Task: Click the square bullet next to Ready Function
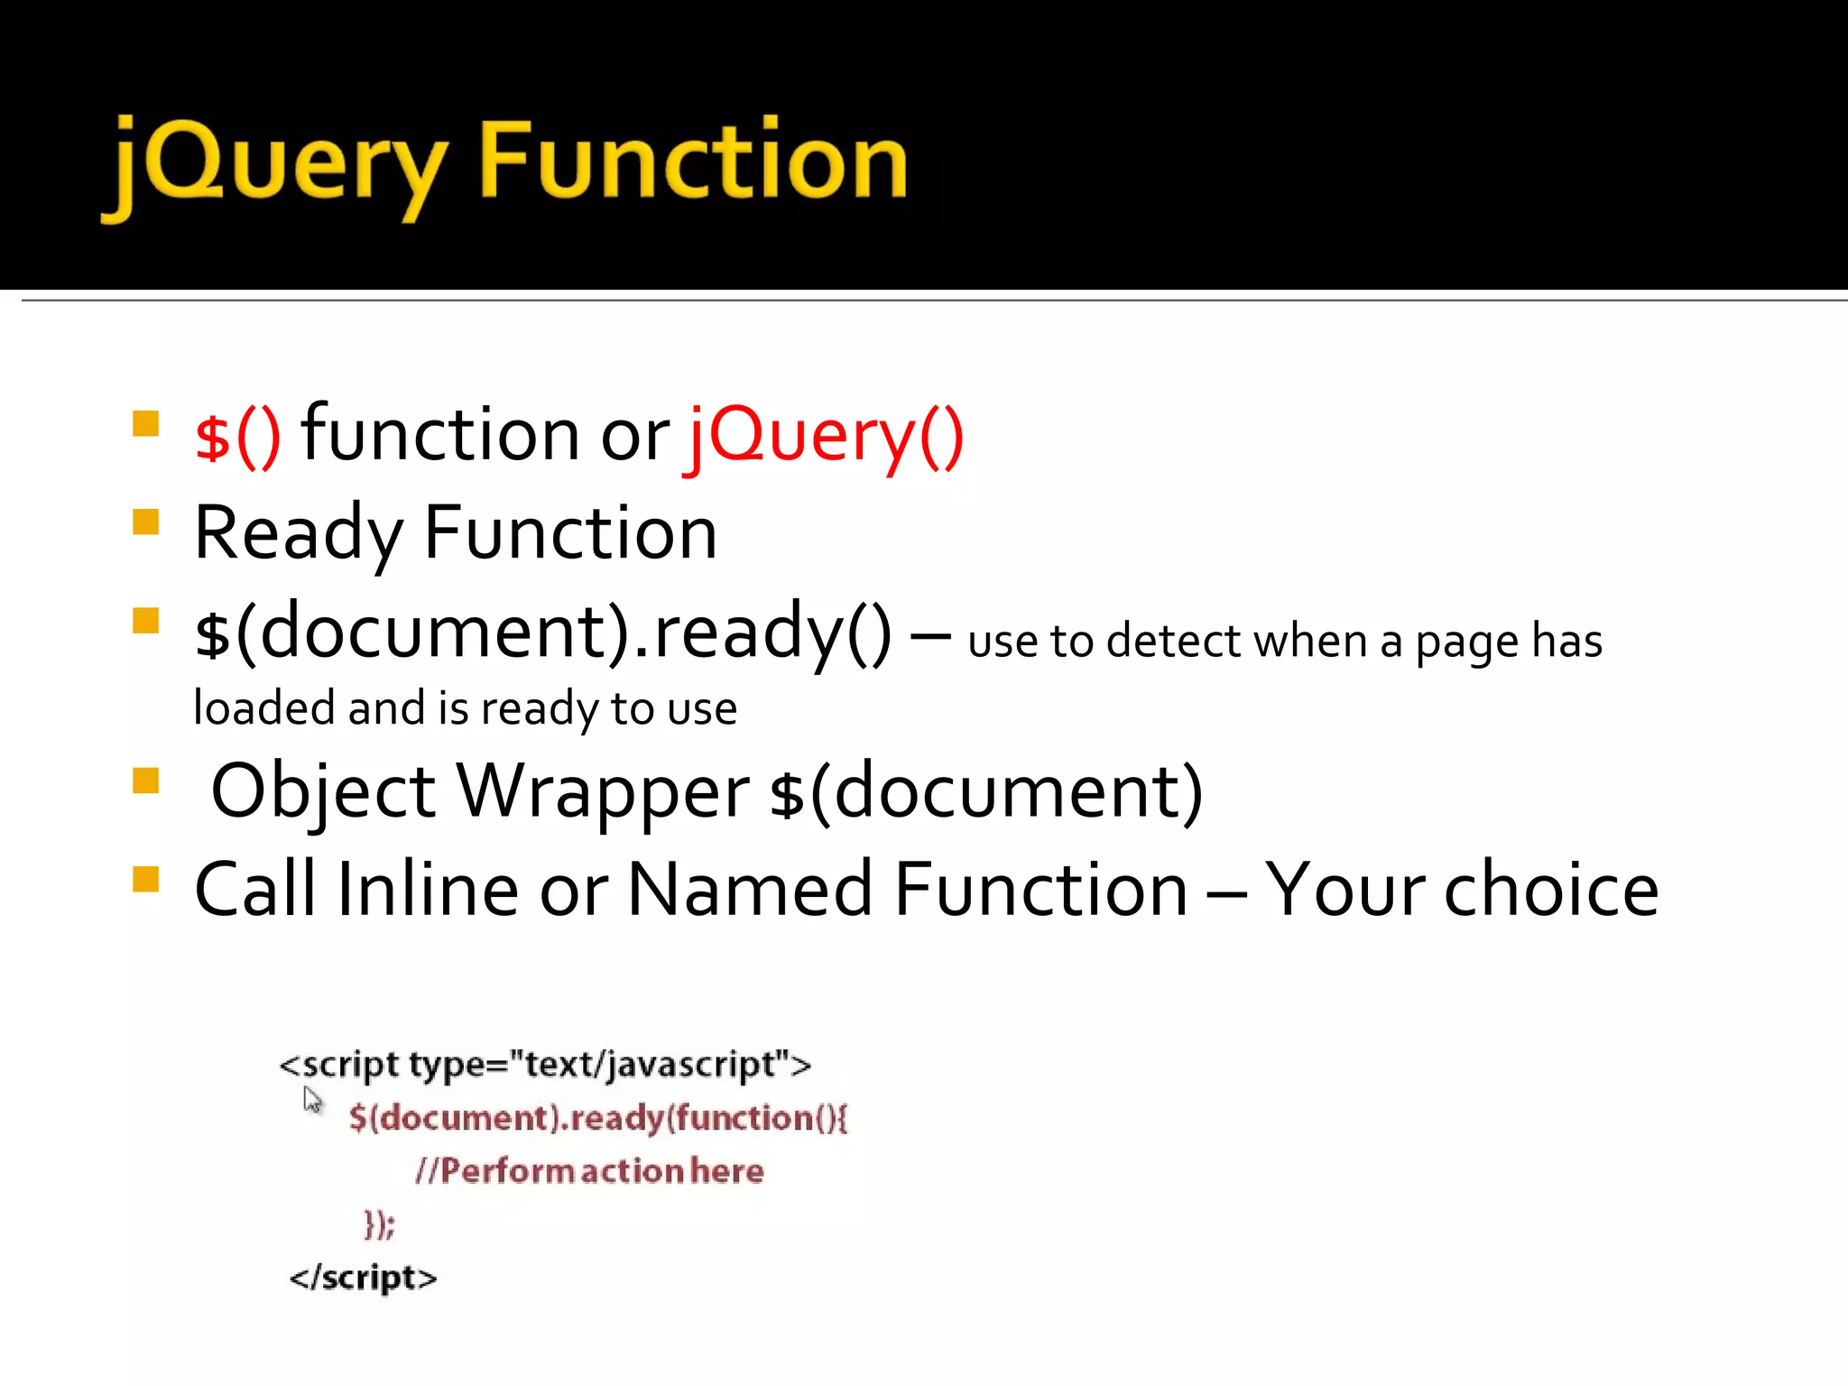(x=145, y=522)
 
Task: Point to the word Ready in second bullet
(x=298, y=534)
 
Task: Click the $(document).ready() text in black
(x=542, y=632)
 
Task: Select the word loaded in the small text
(x=264, y=707)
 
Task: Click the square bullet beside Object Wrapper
(x=145, y=781)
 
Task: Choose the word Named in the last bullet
(x=750, y=890)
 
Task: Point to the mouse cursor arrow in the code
(x=312, y=1100)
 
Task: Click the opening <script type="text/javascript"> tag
(x=545, y=1066)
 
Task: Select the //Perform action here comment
(x=589, y=1171)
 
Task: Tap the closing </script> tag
(x=363, y=1278)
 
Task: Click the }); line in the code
(x=379, y=1224)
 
